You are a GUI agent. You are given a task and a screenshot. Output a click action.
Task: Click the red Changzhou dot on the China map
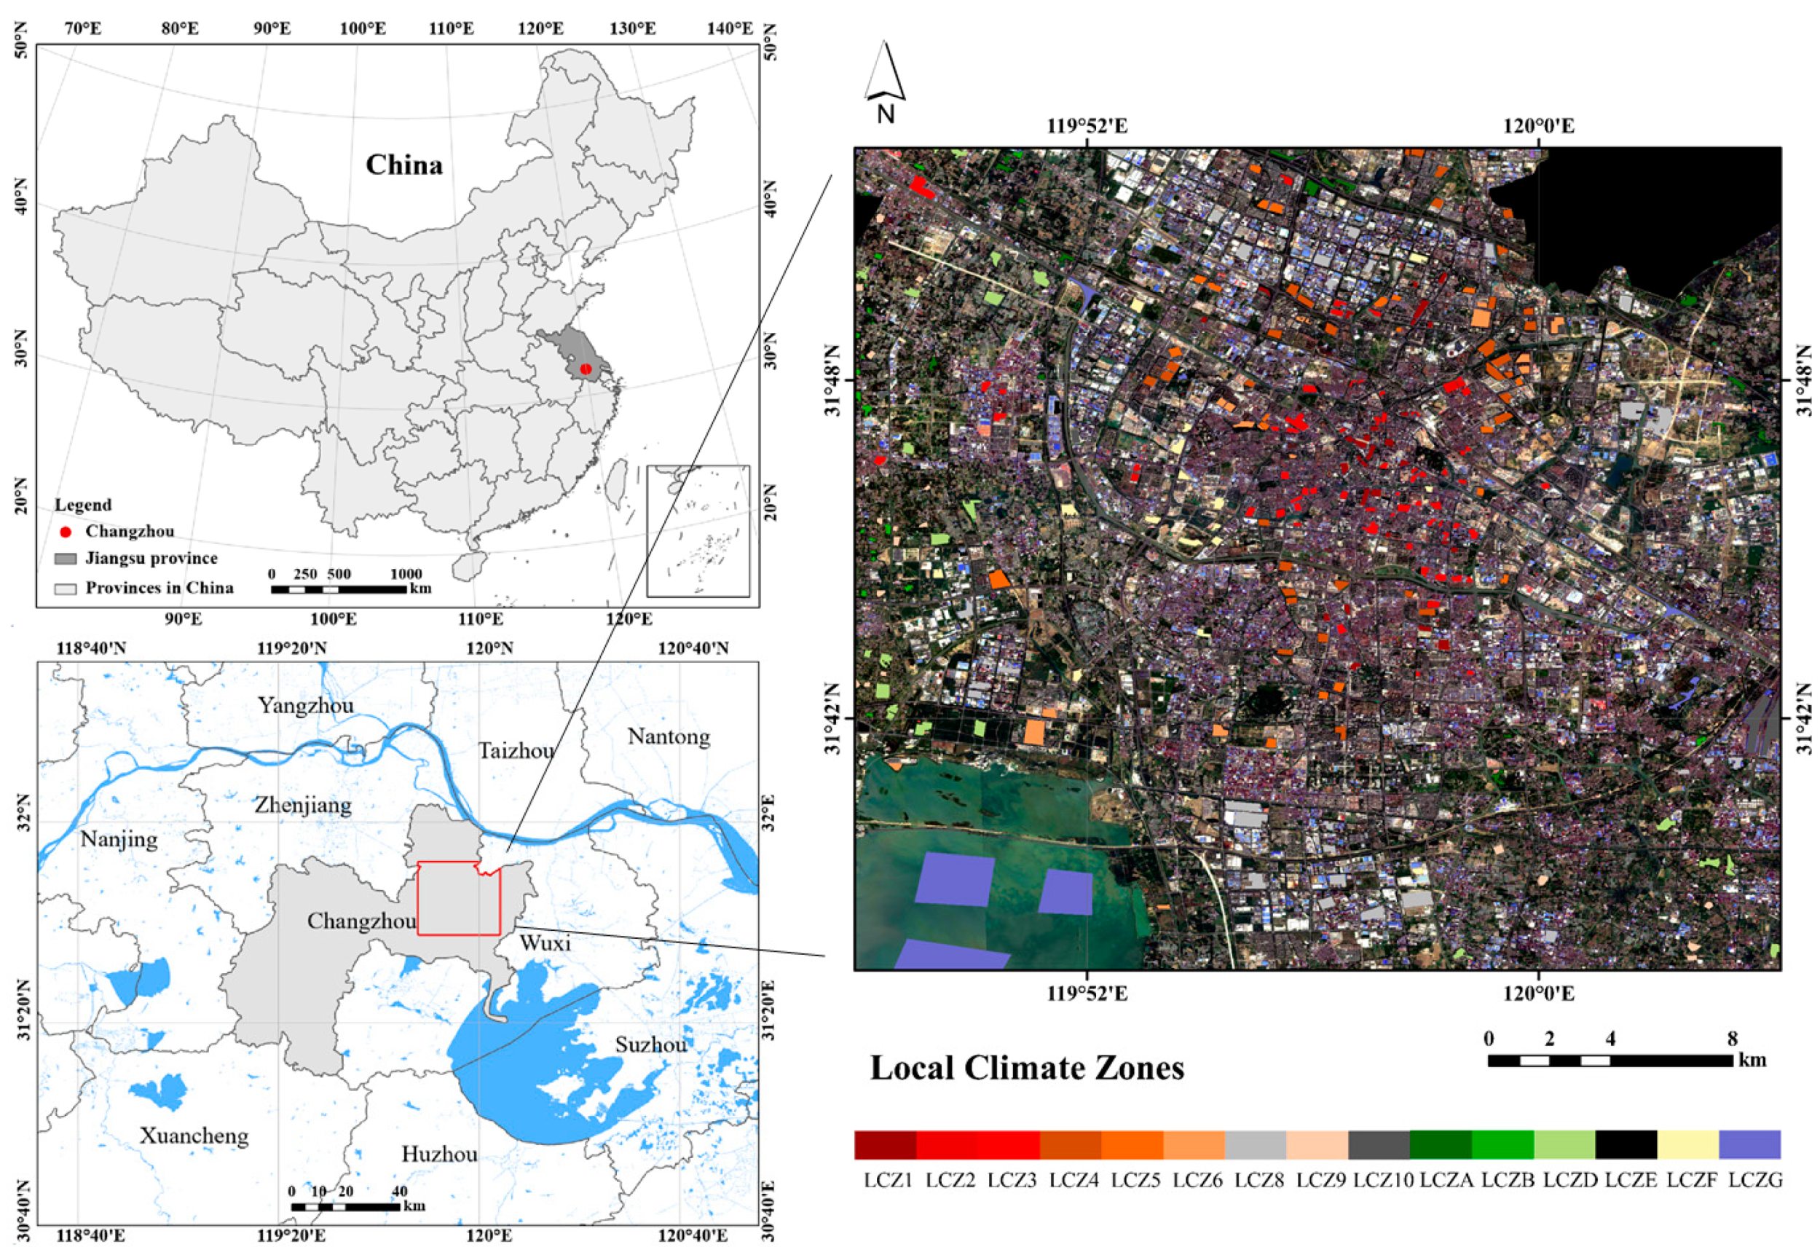click(x=585, y=369)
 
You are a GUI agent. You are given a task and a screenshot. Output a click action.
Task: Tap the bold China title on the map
click(x=404, y=165)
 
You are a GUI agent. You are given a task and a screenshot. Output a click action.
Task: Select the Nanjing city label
click(x=119, y=839)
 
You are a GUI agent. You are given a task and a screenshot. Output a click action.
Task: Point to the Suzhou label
click(x=650, y=1045)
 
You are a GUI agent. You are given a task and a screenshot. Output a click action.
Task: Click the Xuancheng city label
click(x=194, y=1136)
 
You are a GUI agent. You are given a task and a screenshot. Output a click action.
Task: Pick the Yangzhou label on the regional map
click(x=306, y=705)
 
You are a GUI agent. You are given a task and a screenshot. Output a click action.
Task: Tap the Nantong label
click(x=669, y=737)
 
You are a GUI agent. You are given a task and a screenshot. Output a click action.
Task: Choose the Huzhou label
click(x=439, y=1154)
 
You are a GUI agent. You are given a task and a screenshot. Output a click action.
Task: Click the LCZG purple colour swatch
click(x=1749, y=1145)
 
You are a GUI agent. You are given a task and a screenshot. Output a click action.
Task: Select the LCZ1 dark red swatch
click(x=885, y=1145)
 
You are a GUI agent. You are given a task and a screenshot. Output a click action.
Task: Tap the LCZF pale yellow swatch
click(x=1688, y=1145)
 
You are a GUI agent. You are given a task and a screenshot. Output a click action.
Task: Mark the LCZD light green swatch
click(x=1564, y=1145)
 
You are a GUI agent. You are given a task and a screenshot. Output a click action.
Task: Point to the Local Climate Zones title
click(x=1027, y=1068)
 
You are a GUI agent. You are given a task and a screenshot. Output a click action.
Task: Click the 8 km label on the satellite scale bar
click(x=1732, y=1039)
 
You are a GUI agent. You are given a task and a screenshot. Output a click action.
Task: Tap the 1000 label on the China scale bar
click(x=406, y=574)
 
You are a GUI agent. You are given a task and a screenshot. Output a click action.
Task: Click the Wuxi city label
click(x=545, y=943)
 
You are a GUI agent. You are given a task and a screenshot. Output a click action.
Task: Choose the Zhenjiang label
click(x=303, y=805)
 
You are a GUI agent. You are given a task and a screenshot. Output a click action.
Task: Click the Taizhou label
click(x=516, y=751)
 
